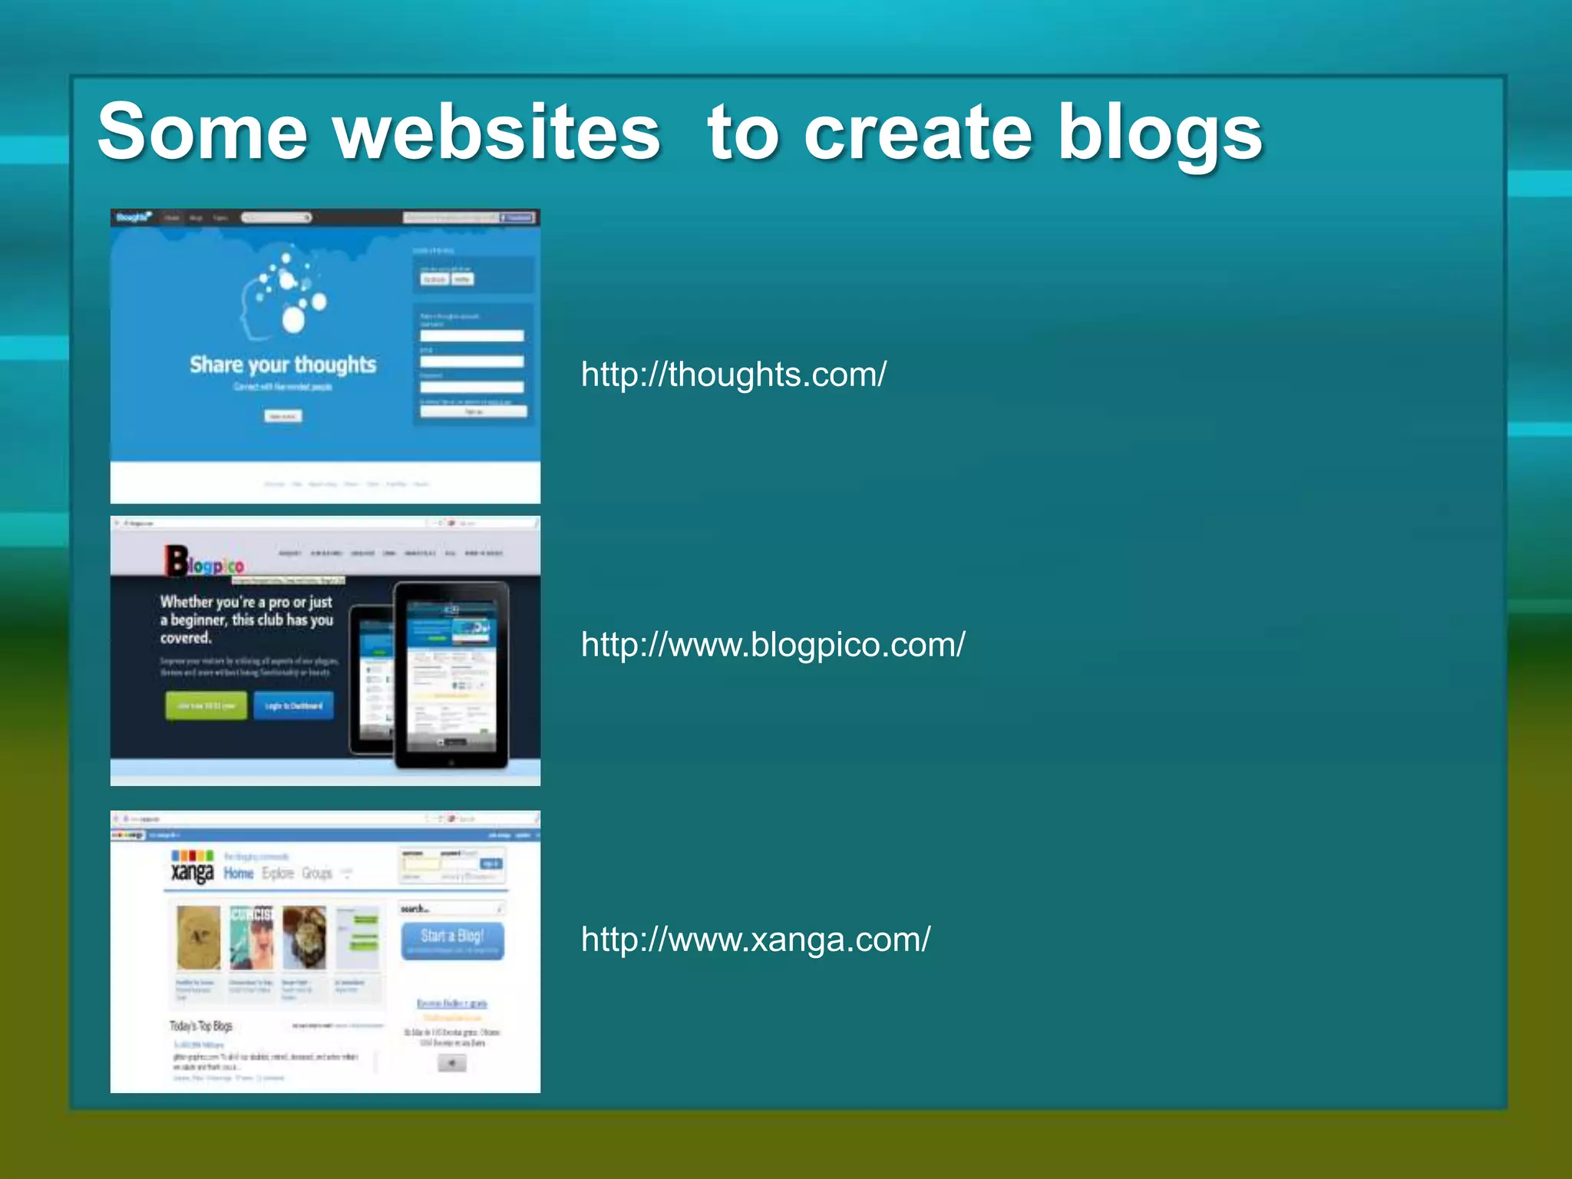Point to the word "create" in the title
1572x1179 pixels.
coord(917,132)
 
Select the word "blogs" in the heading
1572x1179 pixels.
coord(1160,134)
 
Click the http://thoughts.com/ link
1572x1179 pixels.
coord(733,375)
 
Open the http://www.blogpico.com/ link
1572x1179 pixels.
coord(773,645)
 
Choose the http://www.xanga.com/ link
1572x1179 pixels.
coord(755,940)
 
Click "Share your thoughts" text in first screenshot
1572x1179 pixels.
coord(282,365)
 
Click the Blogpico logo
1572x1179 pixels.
coord(204,561)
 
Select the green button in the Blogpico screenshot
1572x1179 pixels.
coord(206,705)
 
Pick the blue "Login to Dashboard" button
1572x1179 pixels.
coord(293,705)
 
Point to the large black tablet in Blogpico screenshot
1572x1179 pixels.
coord(451,675)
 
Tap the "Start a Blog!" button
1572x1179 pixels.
coord(452,940)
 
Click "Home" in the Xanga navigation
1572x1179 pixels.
coord(238,874)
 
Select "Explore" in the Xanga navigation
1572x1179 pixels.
coord(278,874)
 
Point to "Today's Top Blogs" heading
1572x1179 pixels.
coord(200,1026)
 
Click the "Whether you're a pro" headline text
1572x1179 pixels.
coord(246,619)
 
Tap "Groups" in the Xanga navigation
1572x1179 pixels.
coord(317,874)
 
